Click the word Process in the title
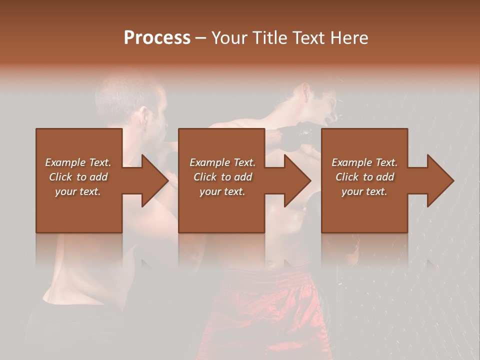[x=157, y=38]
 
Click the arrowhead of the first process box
[x=154, y=180]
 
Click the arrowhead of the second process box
[x=297, y=180]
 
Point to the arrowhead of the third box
[x=440, y=180]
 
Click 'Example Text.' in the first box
[x=78, y=162]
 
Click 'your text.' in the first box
[x=78, y=191]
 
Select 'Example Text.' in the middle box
[x=222, y=162]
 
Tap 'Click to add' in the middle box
[x=222, y=177]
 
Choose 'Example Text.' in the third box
[x=364, y=162]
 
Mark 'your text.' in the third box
[x=364, y=191]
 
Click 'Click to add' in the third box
[x=364, y=177]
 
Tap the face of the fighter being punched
[x=322, y=107]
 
